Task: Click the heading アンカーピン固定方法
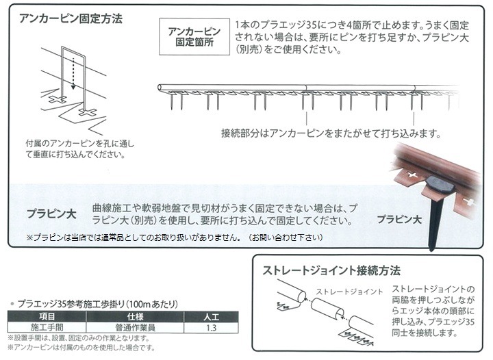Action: tap(71, 18)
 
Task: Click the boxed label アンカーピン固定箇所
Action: tap(194, 37)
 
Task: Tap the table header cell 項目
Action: tap(47, 316)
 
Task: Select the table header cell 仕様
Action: tap(135, 316)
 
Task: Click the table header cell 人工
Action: tap(211, 316)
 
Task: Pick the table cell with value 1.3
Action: tap(211, 328)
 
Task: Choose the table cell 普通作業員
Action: tap(135, 328)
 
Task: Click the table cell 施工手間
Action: tap(47, 328)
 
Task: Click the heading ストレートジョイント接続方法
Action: tap(331, 270)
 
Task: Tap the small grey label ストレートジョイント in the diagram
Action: tap(349, 292)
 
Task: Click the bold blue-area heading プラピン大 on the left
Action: tap(51, 214)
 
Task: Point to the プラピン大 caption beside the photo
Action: tap(399, 219)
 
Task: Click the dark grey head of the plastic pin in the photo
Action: tap(440, 186)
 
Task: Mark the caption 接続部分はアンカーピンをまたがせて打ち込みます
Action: tap(331, 133)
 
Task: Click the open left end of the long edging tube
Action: tap(160, 88)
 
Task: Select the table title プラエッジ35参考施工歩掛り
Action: tap(98, 304)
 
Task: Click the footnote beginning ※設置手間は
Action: tap(78, 338)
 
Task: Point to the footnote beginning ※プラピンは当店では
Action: tap(175, 237)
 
